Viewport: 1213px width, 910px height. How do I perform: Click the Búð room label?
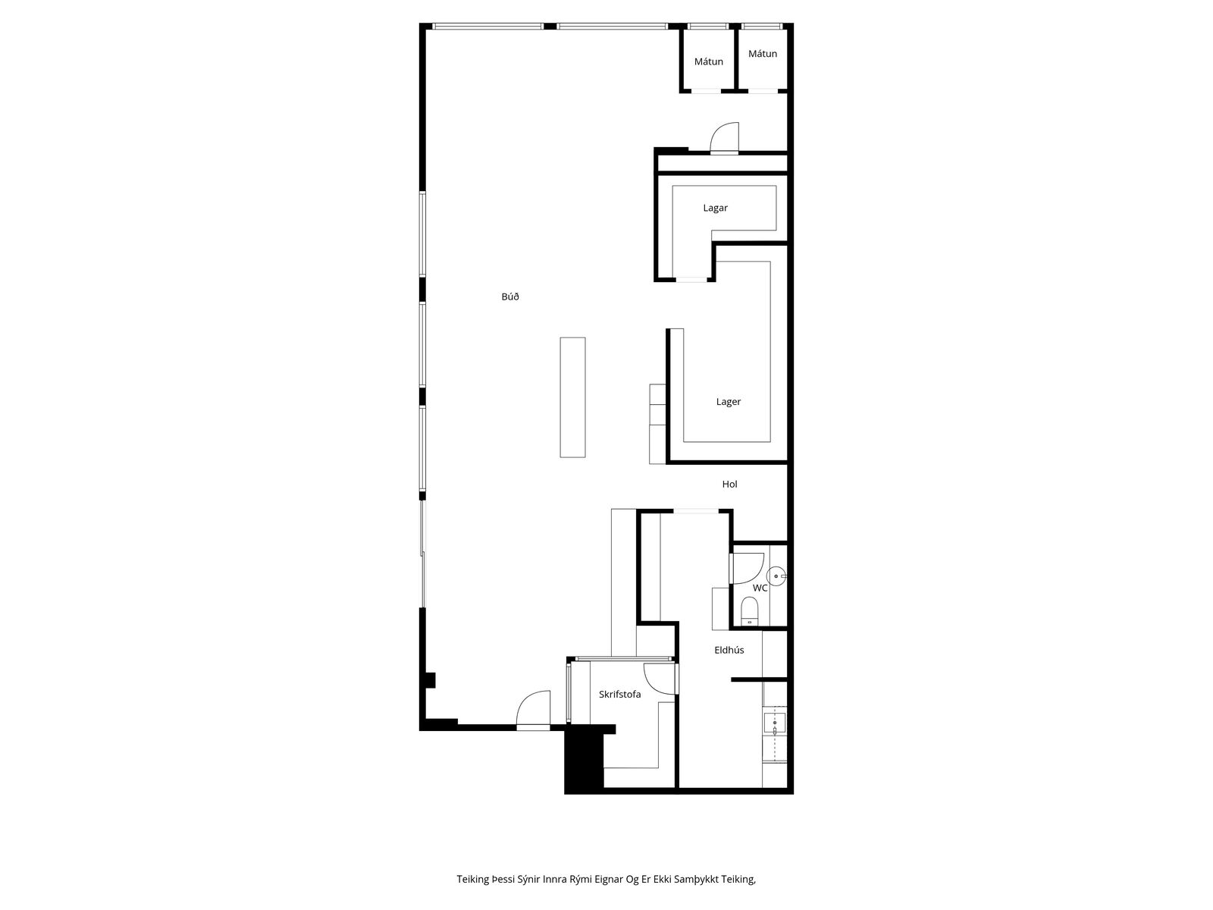(x=509, y=297)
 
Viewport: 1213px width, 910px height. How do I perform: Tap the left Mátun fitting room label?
(x=708, y=61)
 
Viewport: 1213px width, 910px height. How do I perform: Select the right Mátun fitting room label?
(x=762, y=54)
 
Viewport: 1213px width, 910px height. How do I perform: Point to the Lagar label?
(x=715, y=208)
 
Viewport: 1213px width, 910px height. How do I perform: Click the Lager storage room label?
(x=728, y=402)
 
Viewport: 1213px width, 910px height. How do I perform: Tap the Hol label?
(x=729, y=484)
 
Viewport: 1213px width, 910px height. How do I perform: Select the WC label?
(x=760, y=588)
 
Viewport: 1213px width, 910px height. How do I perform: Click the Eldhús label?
(x=729, y=650)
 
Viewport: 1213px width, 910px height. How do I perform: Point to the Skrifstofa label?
(x=619, y=694)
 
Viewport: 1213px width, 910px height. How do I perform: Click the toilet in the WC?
(x=749, y=610)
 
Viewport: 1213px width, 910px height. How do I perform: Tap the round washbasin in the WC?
(x=776, y=576)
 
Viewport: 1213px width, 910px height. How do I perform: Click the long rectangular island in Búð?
(x=572, y=397)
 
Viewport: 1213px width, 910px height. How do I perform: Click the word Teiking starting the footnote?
(x=472, y=879)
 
